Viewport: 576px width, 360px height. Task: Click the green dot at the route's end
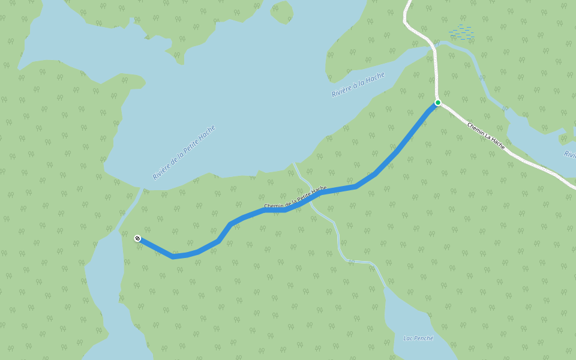tap(438, 103)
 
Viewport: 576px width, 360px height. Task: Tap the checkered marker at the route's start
tap(137, 238)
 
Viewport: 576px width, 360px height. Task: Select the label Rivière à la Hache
tap(358, 85)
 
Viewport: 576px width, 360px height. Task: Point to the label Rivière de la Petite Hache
tap(184, 152)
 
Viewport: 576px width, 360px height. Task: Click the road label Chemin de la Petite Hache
tap(295, 197)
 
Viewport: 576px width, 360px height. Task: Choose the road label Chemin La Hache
tap(486, 136)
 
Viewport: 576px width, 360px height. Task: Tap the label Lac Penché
tap(418, 338)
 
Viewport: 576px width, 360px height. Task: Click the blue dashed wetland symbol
tap(461, 32)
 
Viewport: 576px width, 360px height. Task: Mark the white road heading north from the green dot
tap(435, 66)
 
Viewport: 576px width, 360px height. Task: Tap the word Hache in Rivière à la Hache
tap(376, 79)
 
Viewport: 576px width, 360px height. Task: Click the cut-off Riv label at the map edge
tap(569, 154)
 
